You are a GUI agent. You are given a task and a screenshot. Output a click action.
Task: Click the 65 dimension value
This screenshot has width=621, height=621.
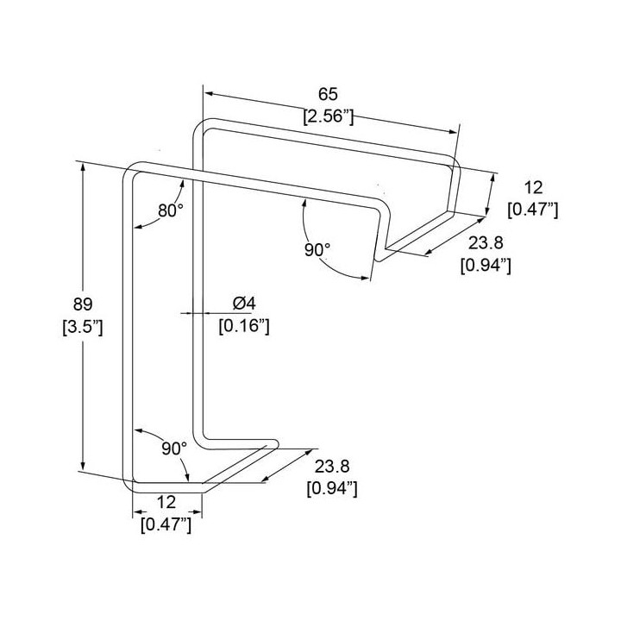click(x=328, y=95)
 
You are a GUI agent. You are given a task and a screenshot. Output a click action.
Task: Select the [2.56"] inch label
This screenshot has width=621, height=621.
click(x=328, y=117)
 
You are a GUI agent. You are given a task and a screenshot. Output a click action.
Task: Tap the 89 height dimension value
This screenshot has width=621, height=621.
click(x=83, y=304)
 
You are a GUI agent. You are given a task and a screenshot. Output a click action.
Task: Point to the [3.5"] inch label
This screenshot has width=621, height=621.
click(x=83, y=327)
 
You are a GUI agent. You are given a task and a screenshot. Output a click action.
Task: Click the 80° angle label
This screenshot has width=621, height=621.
click(x=171, y=210)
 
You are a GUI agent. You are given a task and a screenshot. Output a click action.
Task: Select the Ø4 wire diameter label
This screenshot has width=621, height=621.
click(x=244, y=304)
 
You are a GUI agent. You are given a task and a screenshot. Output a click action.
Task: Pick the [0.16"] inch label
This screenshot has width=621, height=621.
click(x=244, y=326)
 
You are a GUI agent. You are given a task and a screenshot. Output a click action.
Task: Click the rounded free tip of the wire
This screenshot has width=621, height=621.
click(x=275, y=443)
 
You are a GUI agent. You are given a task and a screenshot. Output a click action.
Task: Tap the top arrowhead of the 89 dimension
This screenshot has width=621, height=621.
click(x=83, y=167)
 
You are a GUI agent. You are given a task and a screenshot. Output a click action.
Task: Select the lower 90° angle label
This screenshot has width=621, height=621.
click(x=174, y=448)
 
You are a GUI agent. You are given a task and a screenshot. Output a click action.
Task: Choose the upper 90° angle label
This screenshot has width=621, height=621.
click(x=317, y=250)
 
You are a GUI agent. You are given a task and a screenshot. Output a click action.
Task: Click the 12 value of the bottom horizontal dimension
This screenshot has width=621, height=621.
click(x=166, y=502)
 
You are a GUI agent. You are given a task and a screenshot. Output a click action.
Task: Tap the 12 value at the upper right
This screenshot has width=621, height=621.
click(x=533, y=187)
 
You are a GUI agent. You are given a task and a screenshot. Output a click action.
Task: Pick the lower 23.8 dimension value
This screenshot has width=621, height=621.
click(x=332, y=467)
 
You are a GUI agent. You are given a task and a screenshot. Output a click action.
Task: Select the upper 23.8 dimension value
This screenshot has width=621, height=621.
click(x=486, y=242)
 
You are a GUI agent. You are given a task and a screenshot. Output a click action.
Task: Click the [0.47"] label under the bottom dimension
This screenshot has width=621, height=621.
click(x=166, y=525)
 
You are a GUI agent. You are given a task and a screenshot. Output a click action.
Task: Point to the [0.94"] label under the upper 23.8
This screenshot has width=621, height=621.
click(x=486, y=266)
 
